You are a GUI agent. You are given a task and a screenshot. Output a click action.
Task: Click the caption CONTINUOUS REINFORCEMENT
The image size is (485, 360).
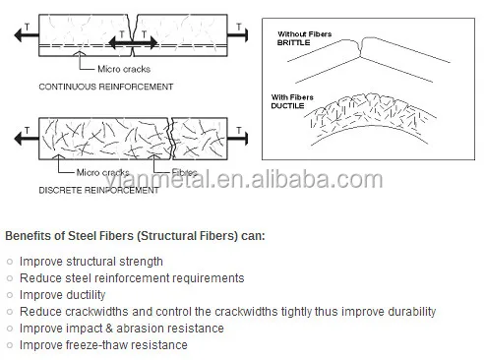(x=105, y=87)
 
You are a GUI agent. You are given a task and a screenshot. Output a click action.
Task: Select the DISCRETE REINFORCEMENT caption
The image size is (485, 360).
(x=98, y=190)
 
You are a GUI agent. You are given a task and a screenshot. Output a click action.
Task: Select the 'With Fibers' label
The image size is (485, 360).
(x=296, y=96)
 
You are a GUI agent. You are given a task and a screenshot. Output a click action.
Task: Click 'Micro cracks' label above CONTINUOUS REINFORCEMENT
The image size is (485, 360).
(x=123, y=68)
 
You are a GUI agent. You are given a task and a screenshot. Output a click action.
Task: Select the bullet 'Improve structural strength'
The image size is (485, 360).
(x=91, y=262)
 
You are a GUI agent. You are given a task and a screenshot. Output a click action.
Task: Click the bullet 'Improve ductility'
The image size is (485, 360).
(x=68, y=295)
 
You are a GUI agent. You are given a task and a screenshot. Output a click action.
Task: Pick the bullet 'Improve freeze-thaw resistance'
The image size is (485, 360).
(x=103, y=345)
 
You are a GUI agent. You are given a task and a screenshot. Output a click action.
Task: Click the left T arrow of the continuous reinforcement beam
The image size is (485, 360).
(x=22, y=32)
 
